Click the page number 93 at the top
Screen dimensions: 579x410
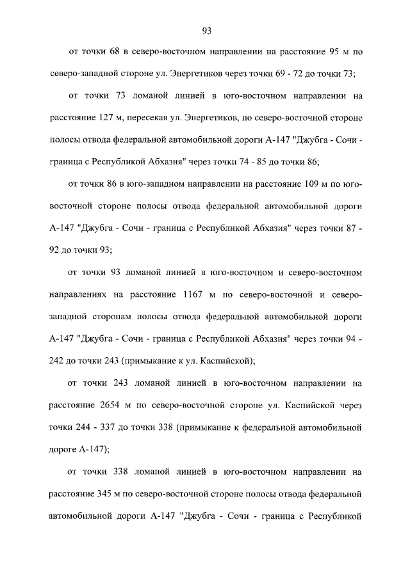pos(206,31)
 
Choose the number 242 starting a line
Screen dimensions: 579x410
pos(58,361)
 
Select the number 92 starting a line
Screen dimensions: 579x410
pos(55,251)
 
